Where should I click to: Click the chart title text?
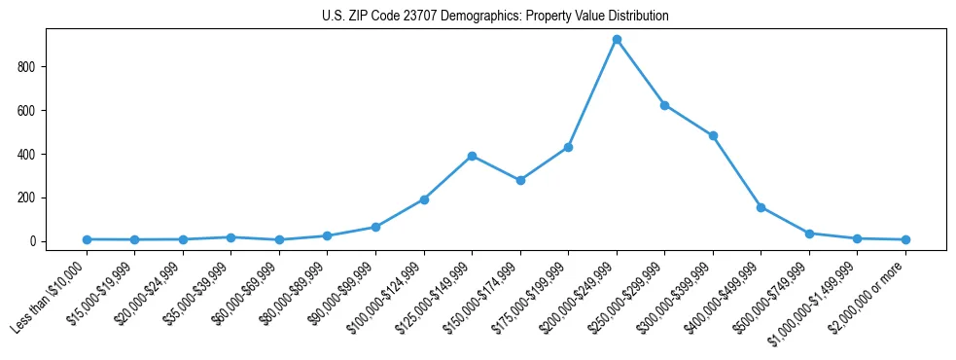(x=495, y=17)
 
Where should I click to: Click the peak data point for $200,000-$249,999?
(x=617, y=39)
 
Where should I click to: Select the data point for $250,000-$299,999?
(x=664, y=105)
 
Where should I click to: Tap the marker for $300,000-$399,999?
(x=713, y=135)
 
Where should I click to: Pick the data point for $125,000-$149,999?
(x=472, y=156)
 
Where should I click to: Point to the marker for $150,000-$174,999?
(x=520, y=180)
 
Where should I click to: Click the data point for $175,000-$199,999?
(x=568, y=147)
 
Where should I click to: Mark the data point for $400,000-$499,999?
(x=761, y=207)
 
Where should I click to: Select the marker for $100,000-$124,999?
(x=424, y=199)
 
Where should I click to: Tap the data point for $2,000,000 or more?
(x=905, y=239)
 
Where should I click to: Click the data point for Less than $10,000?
(x=87, y=239)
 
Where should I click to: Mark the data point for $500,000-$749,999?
(x=809, y=234)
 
